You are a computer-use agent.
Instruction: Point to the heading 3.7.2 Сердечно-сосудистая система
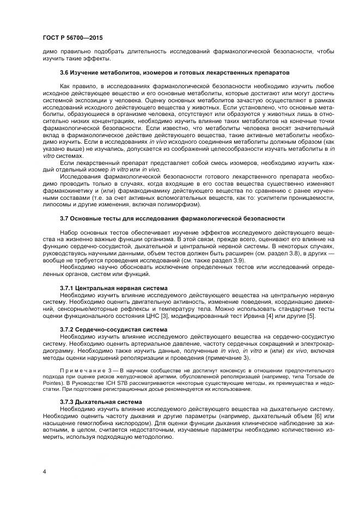pyautogui.click(x=113, y=329)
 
